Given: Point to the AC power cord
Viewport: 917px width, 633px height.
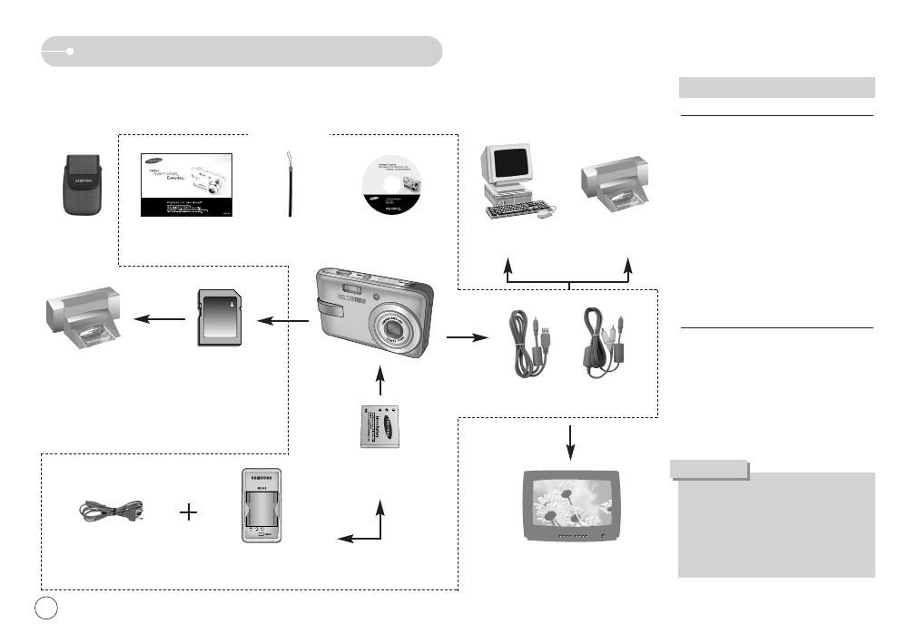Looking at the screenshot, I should (112, 511).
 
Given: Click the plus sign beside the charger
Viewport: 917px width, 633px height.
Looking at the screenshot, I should (189, 512).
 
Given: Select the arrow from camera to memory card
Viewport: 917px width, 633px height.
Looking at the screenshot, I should (281, 319).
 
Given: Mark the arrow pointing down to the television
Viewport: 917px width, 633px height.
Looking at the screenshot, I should (570, 439).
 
